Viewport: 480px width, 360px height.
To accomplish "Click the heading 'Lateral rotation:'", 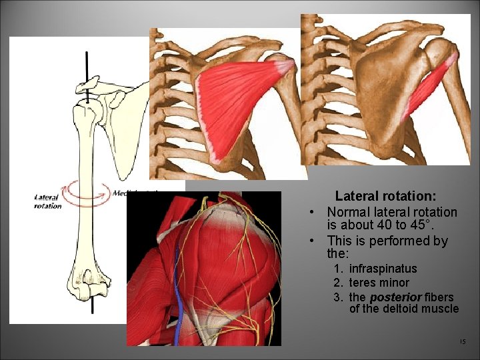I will click(x=385, y=196).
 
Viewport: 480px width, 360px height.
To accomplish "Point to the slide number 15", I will click(x=463, y=342).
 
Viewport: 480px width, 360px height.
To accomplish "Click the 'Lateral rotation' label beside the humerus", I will click(x=47, y=201).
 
